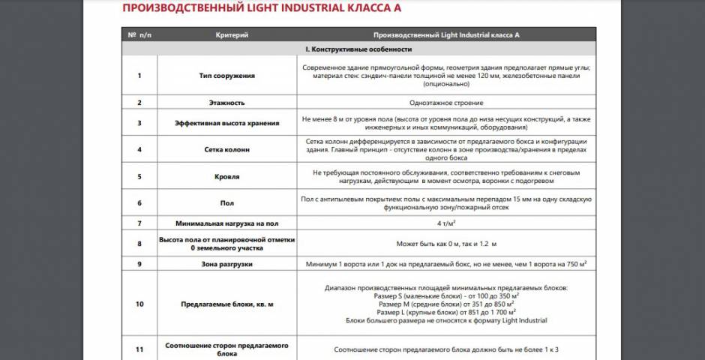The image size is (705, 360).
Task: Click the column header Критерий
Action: [232, 34]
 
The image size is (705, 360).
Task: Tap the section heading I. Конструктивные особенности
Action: [358, 49]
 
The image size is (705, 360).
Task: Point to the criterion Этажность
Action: [226, 102]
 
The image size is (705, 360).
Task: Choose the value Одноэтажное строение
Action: [446, 102]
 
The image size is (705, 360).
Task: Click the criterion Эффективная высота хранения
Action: [226, 123]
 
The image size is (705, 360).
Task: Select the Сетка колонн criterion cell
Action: [226, 149]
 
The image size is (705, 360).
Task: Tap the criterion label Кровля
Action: [226, 176]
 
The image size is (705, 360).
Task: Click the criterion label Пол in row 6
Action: [226, 202]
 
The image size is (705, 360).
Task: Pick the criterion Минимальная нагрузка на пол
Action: [226, 223]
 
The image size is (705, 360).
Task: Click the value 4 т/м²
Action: [446, 223]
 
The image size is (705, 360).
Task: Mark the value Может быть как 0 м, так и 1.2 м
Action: [446, 244]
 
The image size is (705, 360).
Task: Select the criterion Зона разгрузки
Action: [226, 264]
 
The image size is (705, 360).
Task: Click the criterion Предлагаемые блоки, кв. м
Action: [226, 304]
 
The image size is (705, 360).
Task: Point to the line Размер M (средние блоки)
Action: [446, 304]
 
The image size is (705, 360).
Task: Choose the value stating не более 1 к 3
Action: [446, 349]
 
